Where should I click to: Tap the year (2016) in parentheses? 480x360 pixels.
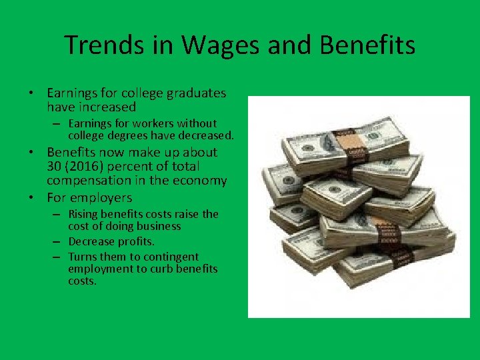click(x=87, y=166)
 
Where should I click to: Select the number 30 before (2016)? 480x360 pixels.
click(x=55, y=166)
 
